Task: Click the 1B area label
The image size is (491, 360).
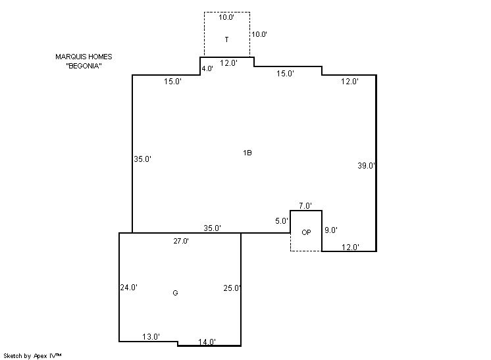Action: click(247, 153)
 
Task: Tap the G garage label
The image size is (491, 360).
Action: click(175, 293)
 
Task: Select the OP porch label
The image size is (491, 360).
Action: click(306, 232)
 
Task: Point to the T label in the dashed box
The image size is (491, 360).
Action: click(226, 39)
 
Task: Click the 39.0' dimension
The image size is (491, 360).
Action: click(367, 166)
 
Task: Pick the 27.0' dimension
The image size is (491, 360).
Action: click(181, 241)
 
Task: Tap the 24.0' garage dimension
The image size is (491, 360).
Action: click(129, 288)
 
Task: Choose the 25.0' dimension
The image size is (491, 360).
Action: click(232, 288)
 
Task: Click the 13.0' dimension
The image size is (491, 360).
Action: click(151, 337)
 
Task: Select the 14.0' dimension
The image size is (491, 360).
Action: click(207, 342)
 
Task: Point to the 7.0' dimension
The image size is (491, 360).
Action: click(305, 206)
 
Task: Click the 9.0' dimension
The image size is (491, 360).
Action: click(330, 230)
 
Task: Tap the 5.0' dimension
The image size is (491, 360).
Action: click(282, 221)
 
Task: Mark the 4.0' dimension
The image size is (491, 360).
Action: click(207, 68)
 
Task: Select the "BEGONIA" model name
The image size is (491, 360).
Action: click(84, 66)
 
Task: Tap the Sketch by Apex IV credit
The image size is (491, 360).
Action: click(32, 356)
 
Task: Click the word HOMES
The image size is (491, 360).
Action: click(100, 57)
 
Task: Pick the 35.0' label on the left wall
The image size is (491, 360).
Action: click(142, 159)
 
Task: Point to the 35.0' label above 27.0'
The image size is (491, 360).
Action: click(213, 228)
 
